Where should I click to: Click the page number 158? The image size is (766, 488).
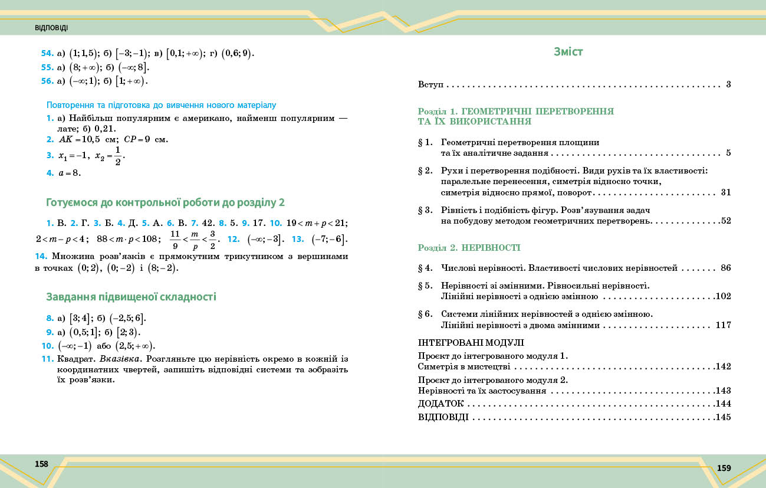point(41,464)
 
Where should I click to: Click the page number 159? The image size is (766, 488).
point(724,468)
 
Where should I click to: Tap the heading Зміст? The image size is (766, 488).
point(568,52)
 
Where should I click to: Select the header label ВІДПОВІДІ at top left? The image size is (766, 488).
point(51,28)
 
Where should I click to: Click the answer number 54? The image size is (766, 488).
point(47,54)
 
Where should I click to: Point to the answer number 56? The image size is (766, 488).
point(47,81)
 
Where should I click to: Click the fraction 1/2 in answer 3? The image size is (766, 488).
point(118,156)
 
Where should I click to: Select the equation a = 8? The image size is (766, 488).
point(70,173)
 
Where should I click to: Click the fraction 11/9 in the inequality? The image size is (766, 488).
point(175,240)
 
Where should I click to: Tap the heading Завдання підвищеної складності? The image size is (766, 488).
point(131,297)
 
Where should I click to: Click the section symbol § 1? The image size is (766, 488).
point(425,142)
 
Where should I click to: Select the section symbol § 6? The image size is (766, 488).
point(425,314)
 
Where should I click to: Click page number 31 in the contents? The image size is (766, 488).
point(725,192)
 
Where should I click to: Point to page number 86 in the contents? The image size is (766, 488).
point(725,268)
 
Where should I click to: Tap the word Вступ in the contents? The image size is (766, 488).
point(430,84)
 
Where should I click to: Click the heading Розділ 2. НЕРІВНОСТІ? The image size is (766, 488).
point(469,247)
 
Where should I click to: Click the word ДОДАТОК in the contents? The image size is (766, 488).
point(440,404)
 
